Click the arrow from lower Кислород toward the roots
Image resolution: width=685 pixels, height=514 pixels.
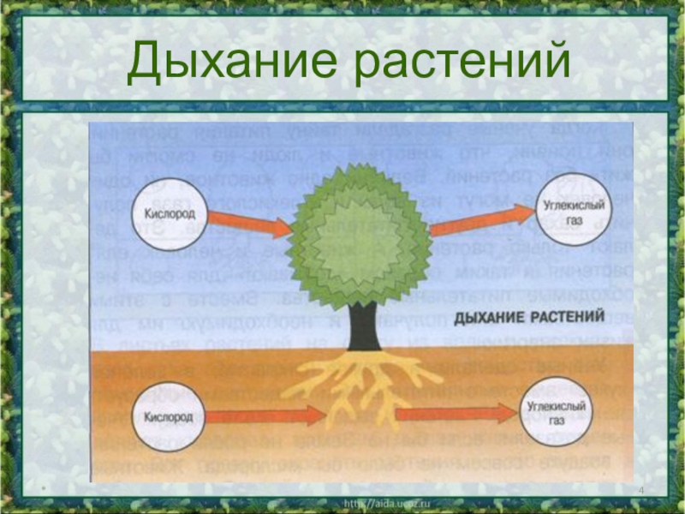pos(265,415)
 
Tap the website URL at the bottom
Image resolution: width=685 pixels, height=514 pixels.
pos(384,504)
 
